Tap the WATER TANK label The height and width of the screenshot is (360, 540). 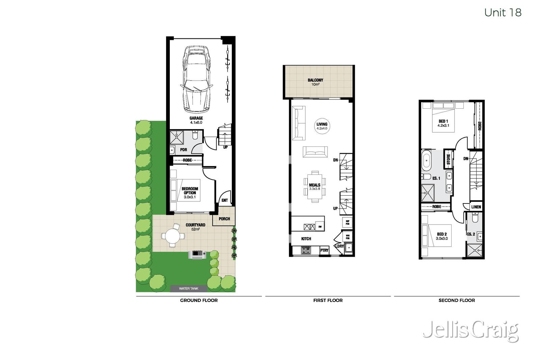tap(188, 288)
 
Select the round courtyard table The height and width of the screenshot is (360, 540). tap(172, 235)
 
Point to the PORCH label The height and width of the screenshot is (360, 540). tap(224, 219)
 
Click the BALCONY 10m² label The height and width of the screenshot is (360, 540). tap(315, 82)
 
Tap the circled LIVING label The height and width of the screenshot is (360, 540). tap(322, 126)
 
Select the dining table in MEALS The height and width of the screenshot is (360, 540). tap(315, 187)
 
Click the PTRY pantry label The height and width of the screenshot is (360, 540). tap(324, 250)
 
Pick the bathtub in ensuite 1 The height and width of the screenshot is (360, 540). tap(426, 161)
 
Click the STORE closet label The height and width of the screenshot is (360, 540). tap(448, 159)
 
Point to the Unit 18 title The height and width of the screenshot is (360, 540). tap(503, 12)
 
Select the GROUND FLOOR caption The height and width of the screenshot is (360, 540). tap(199, 300)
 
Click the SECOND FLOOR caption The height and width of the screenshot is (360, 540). tap(456, 300)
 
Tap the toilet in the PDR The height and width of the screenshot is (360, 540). tap(195, 136)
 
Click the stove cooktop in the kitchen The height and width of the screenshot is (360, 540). tap(306, 250)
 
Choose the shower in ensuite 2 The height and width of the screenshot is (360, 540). tap(475, 251)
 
